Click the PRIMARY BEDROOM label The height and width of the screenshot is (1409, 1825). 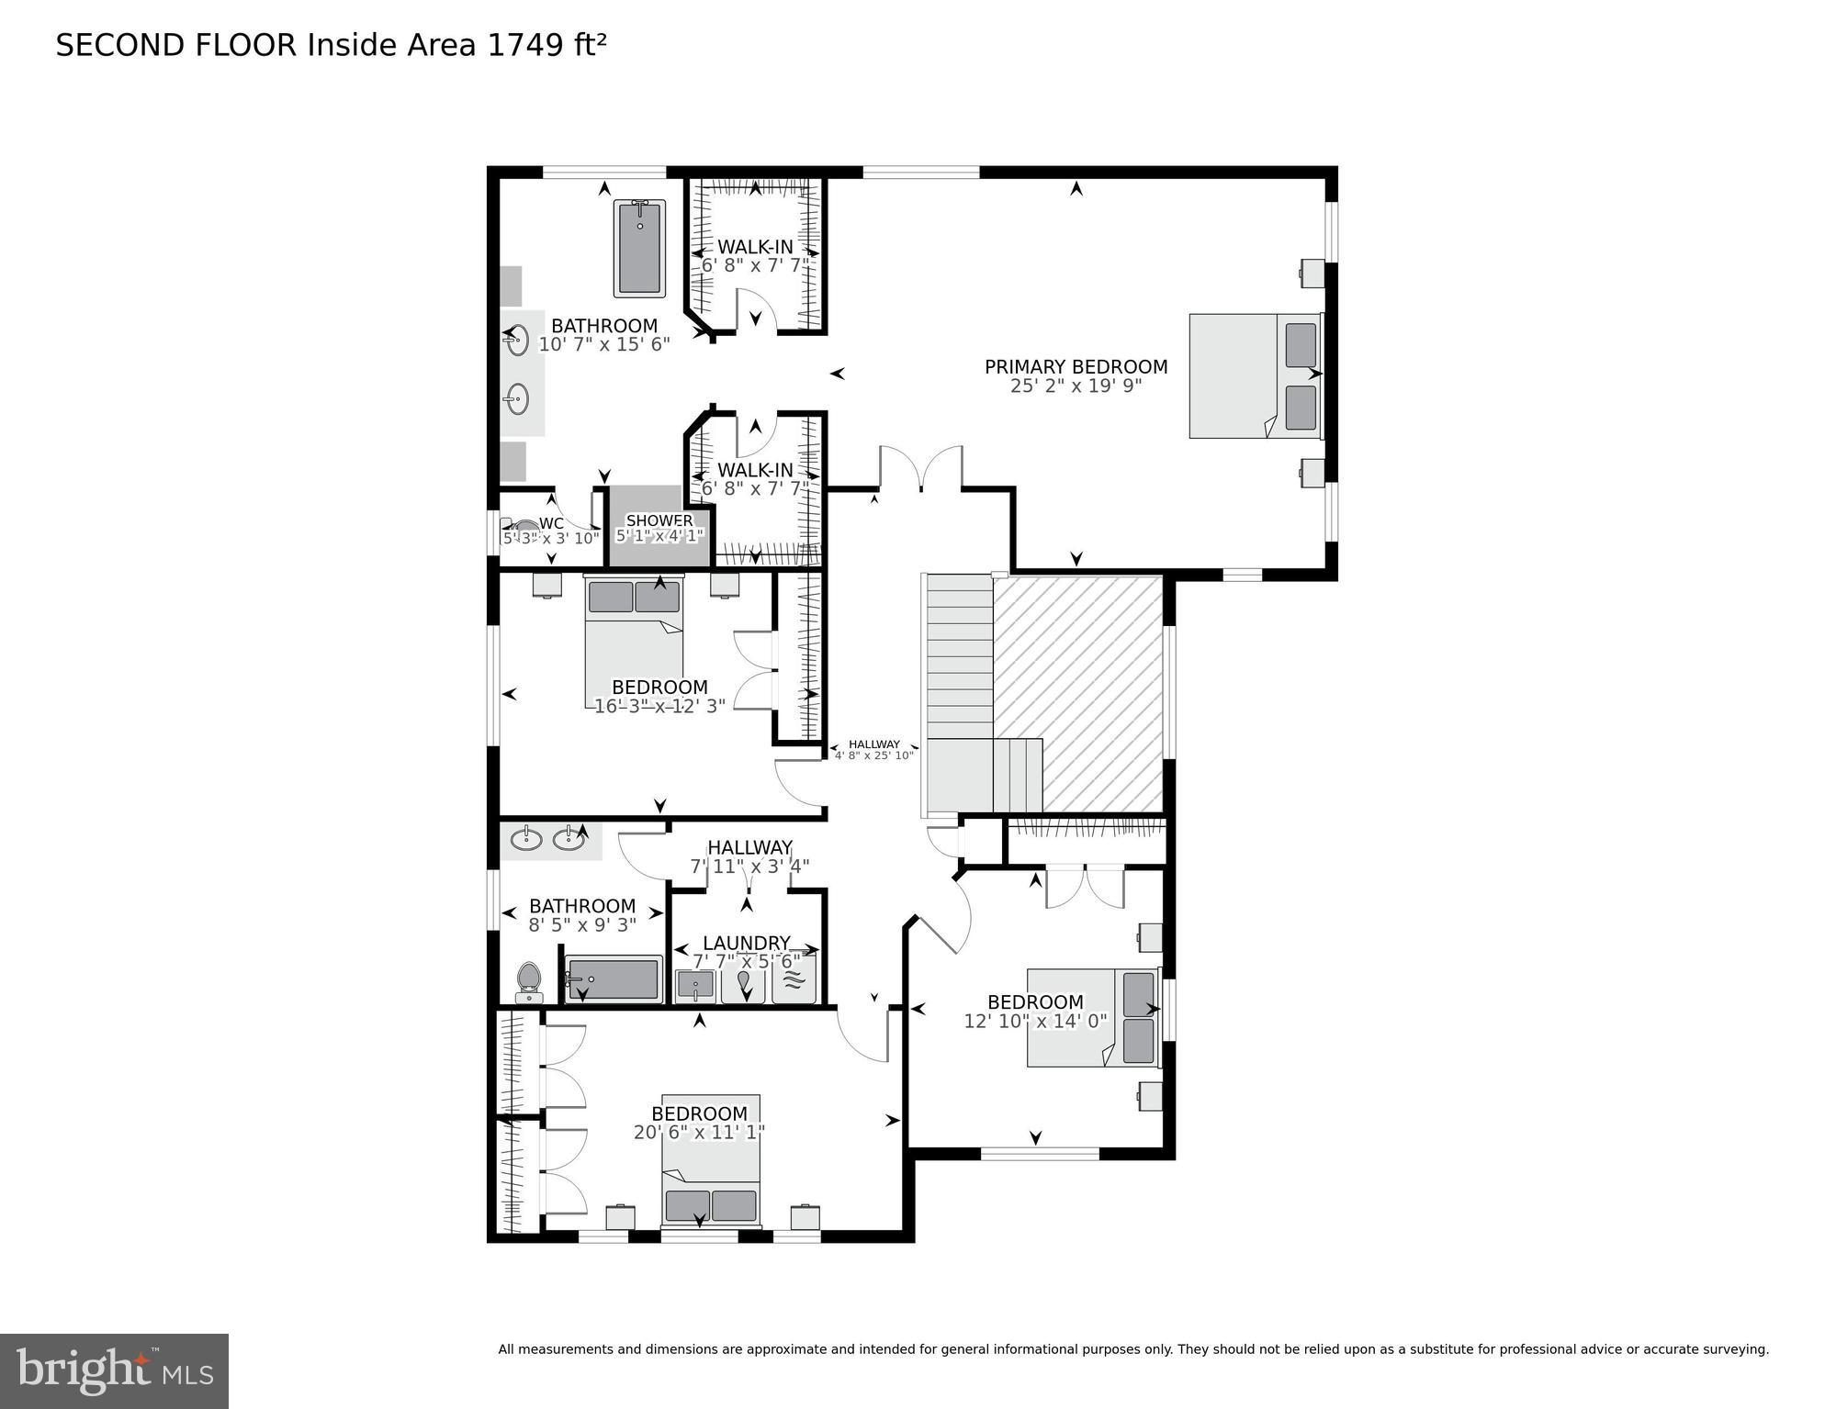(x=1076, y=366)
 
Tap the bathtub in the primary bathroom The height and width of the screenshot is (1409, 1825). (x=639, y=249)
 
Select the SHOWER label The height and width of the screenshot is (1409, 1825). (x=659, y=520)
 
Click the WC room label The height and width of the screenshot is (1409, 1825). (x=551, y=523)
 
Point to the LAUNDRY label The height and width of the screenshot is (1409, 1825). (x=746, y=943)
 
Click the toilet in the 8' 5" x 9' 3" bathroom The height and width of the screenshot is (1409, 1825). (x=529, y=982)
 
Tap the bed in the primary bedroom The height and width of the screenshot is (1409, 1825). (x=1254, y=375)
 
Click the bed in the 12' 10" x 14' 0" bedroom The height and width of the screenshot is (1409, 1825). (x=1093, y=1017)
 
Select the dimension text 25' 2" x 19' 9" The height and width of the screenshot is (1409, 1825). (x=1076, y=386)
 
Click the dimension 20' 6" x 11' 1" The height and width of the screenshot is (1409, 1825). (x=699, y=1133)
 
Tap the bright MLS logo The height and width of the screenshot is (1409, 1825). (x=114, y=1370)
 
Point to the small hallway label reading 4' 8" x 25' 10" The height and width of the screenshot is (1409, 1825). (x=874, y=755)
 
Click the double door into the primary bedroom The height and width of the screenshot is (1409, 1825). (x=920, y=469)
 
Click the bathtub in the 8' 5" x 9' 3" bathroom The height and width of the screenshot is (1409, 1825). (x=613, y=980)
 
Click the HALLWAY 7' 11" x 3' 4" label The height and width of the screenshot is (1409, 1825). (x=749, y=856)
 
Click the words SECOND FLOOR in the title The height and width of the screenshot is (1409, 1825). (x=176, y=45)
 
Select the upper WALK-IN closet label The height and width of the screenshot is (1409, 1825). (x=755, y=246)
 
